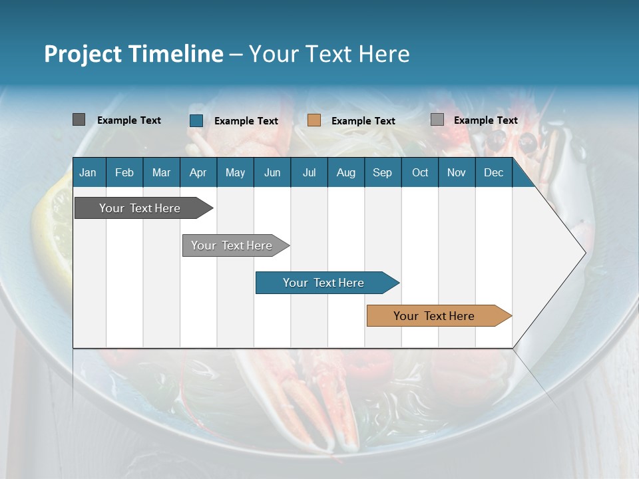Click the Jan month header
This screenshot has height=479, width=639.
pyautogui.click(x=88, y=172)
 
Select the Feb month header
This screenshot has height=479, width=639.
pyautogui.click(x=124, y=172)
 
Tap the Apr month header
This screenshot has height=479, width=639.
pyautogui.click(x=198, y=172)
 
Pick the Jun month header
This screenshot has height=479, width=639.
pyautogui.click(x=272, y=172)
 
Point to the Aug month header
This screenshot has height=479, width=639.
pyautogui.click(x=345, y=172)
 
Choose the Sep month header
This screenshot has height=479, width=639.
pyautogui.click(x=382, y=172)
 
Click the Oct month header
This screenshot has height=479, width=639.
pyautogui.click(x=420, y=172)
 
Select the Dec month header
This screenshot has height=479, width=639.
pyautogui.click(x=493, y=172)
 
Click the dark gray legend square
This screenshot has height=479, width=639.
pyautogui.click(x=79, y=120)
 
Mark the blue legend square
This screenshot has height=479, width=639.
pyautogui.click(x=196, y=120)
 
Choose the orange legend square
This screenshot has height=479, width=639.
pyautogui.click(x=314, y=120)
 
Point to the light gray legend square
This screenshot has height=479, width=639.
pyautogui.click(x=437, y=120)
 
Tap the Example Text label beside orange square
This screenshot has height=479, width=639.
pyautogui.click(x=363, y=120)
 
